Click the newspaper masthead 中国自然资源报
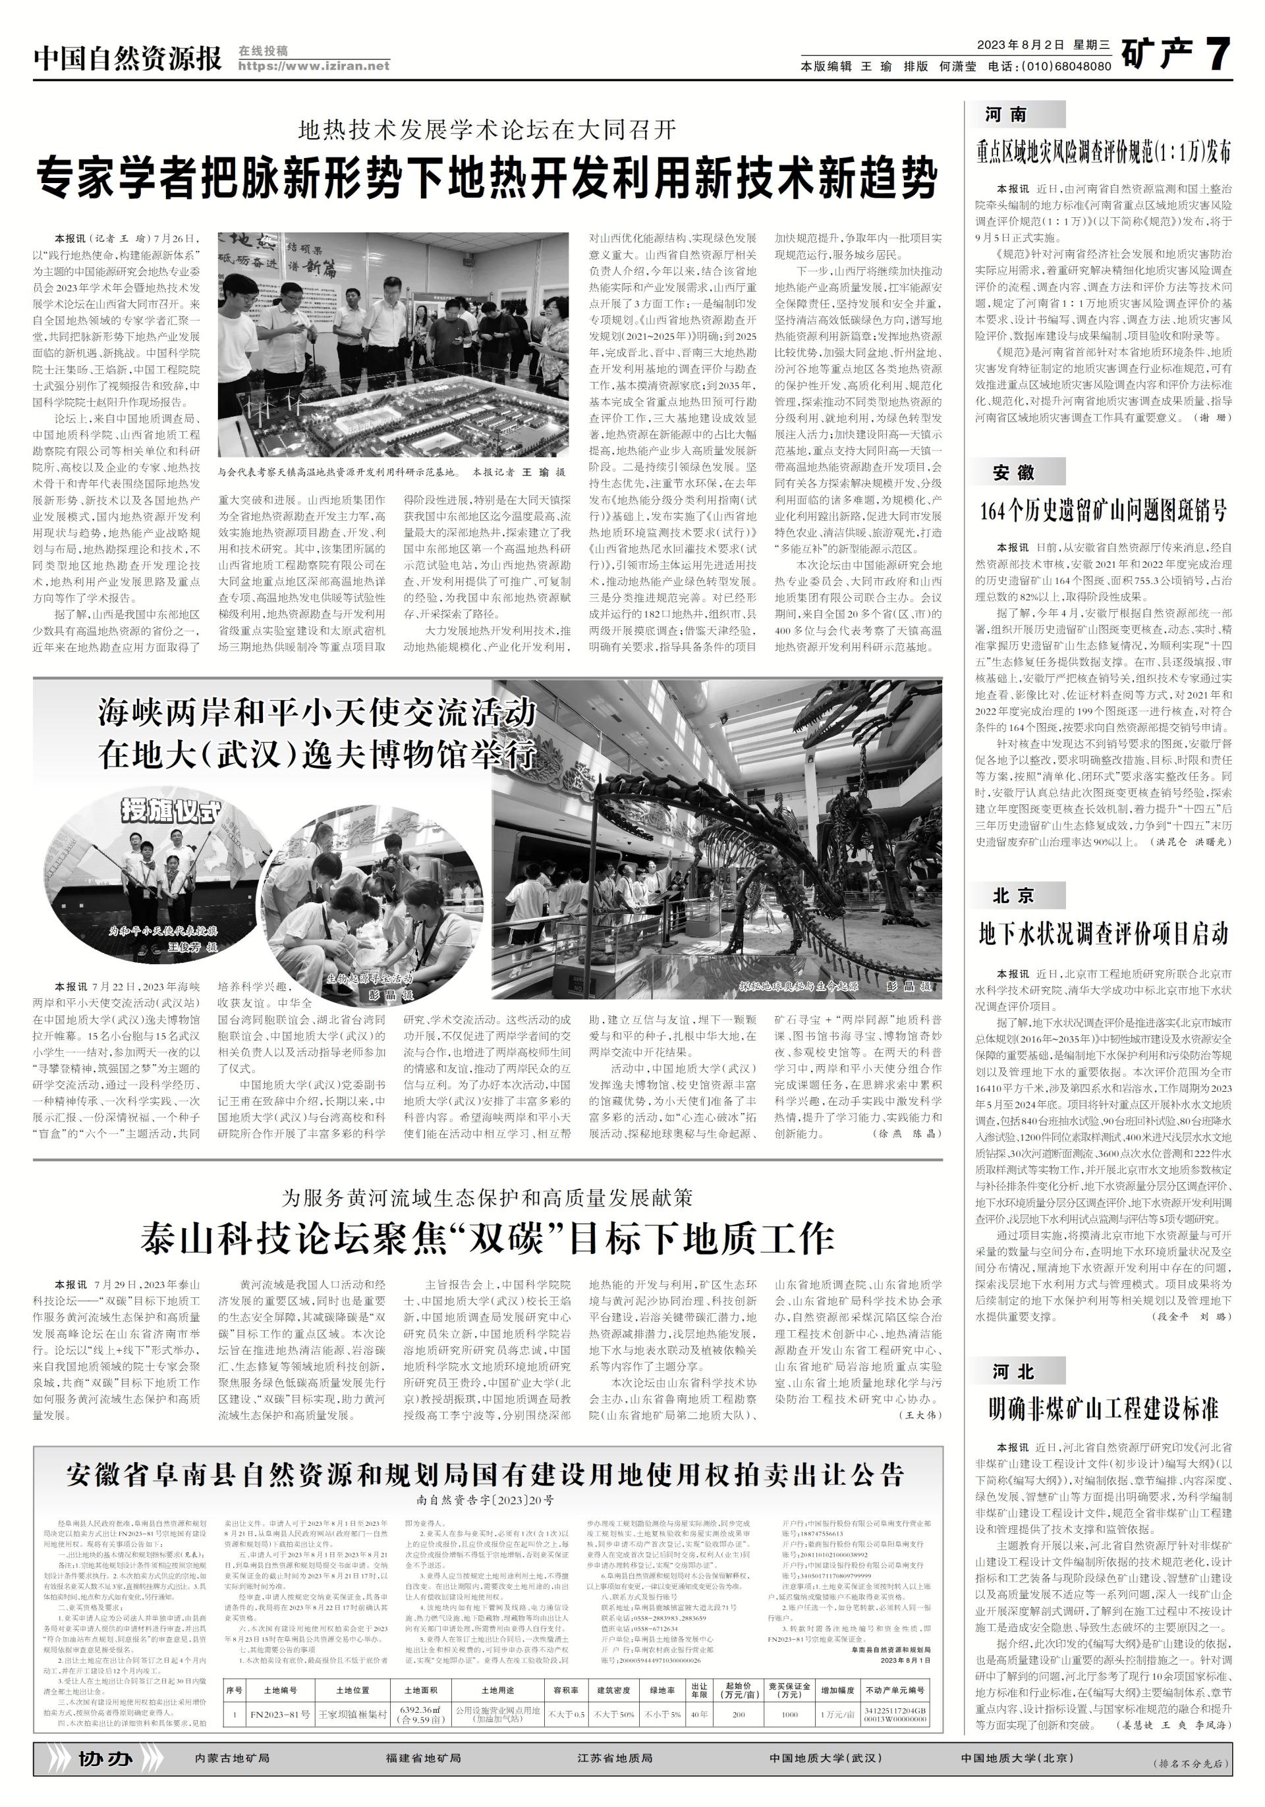tap(128, 57)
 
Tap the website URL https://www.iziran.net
tap(314, 66)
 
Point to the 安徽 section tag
tap(1013, 473)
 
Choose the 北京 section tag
tap(1013, 895)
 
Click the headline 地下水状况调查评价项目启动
tap(1103, 934)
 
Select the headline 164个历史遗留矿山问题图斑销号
tap(1103, 512)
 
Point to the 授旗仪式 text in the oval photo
tap(170, 811)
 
